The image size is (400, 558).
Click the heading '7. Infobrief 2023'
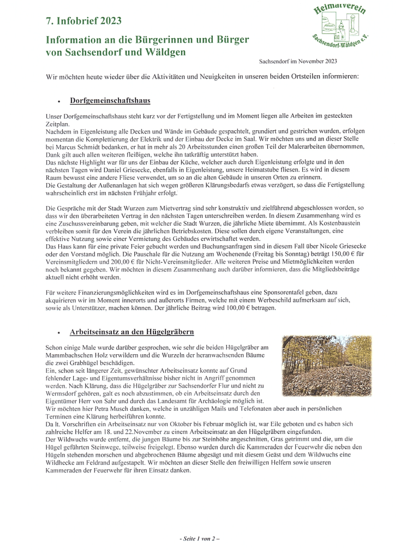[83, 21]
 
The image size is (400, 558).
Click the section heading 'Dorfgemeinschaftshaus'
[110, 101]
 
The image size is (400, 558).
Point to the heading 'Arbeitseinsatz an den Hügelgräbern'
[132, 332]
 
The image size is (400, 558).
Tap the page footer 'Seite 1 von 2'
[200, 538]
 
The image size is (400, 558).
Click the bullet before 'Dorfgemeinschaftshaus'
[58, 102]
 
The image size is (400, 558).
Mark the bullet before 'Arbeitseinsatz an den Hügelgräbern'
[58, 333]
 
